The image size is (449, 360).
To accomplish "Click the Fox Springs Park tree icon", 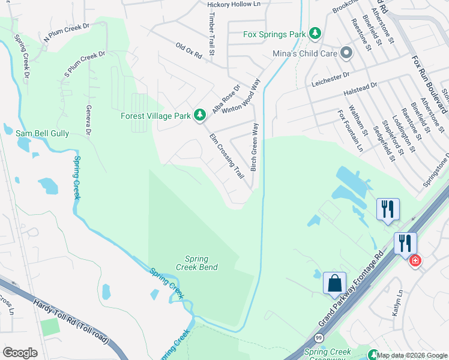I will (x=315, y=34).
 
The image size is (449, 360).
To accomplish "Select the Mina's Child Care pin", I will (x=346, y=53).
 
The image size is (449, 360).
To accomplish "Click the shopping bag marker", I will (x=334, y=283).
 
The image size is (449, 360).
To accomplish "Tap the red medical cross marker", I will (x=415, y=261).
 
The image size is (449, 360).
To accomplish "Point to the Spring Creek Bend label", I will (x=196, y=263).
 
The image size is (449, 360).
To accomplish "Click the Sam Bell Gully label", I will (x=42, y=133).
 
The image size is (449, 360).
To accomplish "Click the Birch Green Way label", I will (x=255, y=147).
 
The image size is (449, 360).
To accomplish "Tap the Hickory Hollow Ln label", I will (x=234, y=4).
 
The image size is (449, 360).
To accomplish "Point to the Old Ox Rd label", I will (x=188, y=50).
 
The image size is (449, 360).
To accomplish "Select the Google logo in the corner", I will (x=20, y=353).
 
